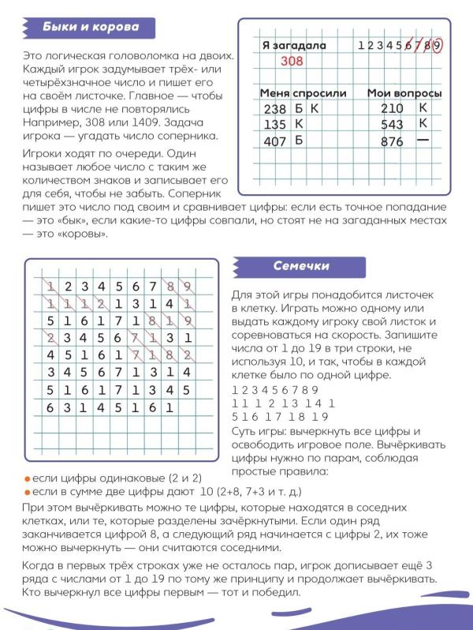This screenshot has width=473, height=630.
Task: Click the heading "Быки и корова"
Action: coord(93,28)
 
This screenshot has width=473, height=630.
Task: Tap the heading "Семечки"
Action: coord(301,267)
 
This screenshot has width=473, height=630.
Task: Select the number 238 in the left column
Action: coord(276,109)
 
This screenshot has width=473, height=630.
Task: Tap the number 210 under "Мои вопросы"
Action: coord(391,108)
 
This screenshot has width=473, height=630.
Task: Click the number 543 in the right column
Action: coord(391,125)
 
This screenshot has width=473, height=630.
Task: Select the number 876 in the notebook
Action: coord(391,142)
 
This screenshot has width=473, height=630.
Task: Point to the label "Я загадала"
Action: coord(293,46)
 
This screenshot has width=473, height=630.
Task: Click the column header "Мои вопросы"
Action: coord(404,93)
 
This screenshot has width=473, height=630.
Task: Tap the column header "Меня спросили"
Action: coord(303,93)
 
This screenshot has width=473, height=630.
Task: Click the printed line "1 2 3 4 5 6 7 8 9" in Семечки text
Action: coord(274,390)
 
